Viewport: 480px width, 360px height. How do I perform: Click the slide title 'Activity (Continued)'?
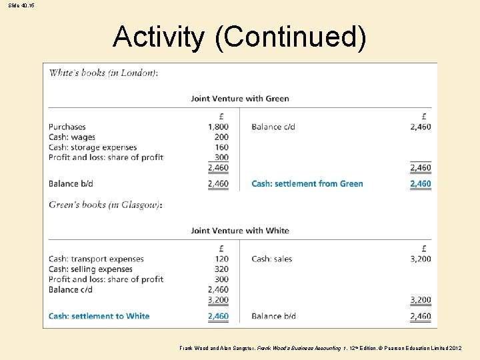[x=239, y=37]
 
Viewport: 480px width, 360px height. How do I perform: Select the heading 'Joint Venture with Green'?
[x=239, y=99]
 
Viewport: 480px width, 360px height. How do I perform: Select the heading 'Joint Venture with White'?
[x=239, y=231]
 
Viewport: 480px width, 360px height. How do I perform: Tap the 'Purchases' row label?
[x=67, y=127]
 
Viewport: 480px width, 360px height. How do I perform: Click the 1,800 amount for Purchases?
[x=218, y=127]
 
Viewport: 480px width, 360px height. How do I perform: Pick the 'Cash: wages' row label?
[x=72, y=137]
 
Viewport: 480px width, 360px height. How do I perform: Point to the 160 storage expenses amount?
[x=221, y=147]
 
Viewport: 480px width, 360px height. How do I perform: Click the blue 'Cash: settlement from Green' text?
[x=307, y=183]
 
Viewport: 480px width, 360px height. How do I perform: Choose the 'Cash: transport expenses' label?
[x=96, y=259]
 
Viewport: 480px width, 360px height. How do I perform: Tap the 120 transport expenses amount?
[x=221, y=259]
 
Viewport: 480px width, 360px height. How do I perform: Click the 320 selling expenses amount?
[x=221, y=269]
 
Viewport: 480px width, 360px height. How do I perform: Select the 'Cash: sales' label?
[x=271, y=259]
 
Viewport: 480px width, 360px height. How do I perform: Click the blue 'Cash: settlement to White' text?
[x=99, y=316]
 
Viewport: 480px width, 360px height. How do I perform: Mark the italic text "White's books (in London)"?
[x=103, y=73]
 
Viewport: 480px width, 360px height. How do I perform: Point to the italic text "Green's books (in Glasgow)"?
[x=105, y=205]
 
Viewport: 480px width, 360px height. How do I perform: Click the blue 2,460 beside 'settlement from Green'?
[x=420, y=183]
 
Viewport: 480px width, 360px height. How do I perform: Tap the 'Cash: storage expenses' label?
[x=92, y=147]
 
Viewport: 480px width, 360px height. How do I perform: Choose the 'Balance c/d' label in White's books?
[x=273, y=127]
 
